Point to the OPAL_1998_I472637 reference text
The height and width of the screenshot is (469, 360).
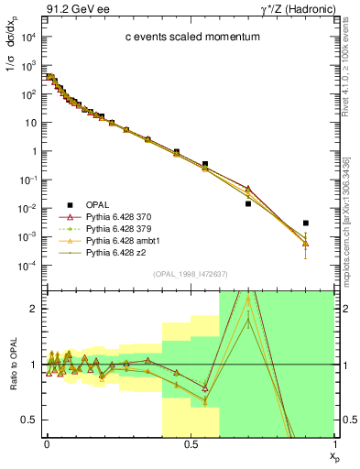(191, 274)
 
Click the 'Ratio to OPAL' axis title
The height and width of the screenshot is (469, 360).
(12, 363)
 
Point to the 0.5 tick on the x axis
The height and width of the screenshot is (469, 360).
(191, 444)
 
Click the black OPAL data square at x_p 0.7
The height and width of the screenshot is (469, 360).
(248, 203)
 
